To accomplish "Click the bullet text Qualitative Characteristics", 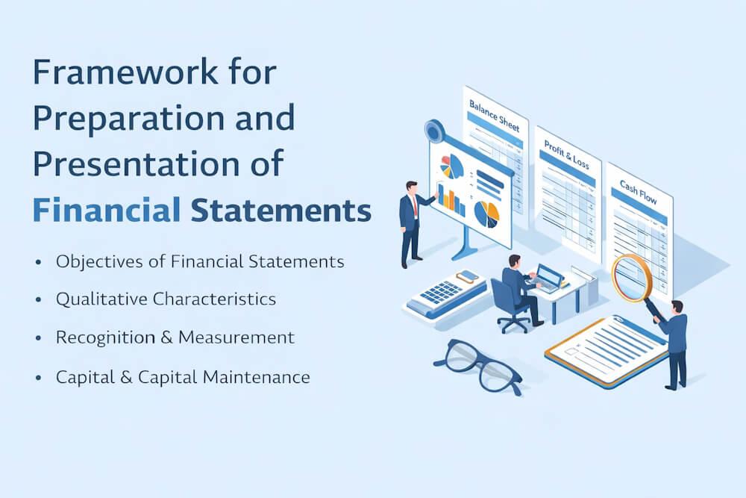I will tap(166, 299).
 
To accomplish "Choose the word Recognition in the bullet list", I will tap(104, 337).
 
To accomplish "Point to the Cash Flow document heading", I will tap(639, 193).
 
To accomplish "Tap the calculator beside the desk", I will tap(446, 293).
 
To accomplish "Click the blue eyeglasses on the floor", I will tap(478, 366).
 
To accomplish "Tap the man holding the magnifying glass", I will tap(676, 340).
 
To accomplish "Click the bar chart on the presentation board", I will tap(451, 197).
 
